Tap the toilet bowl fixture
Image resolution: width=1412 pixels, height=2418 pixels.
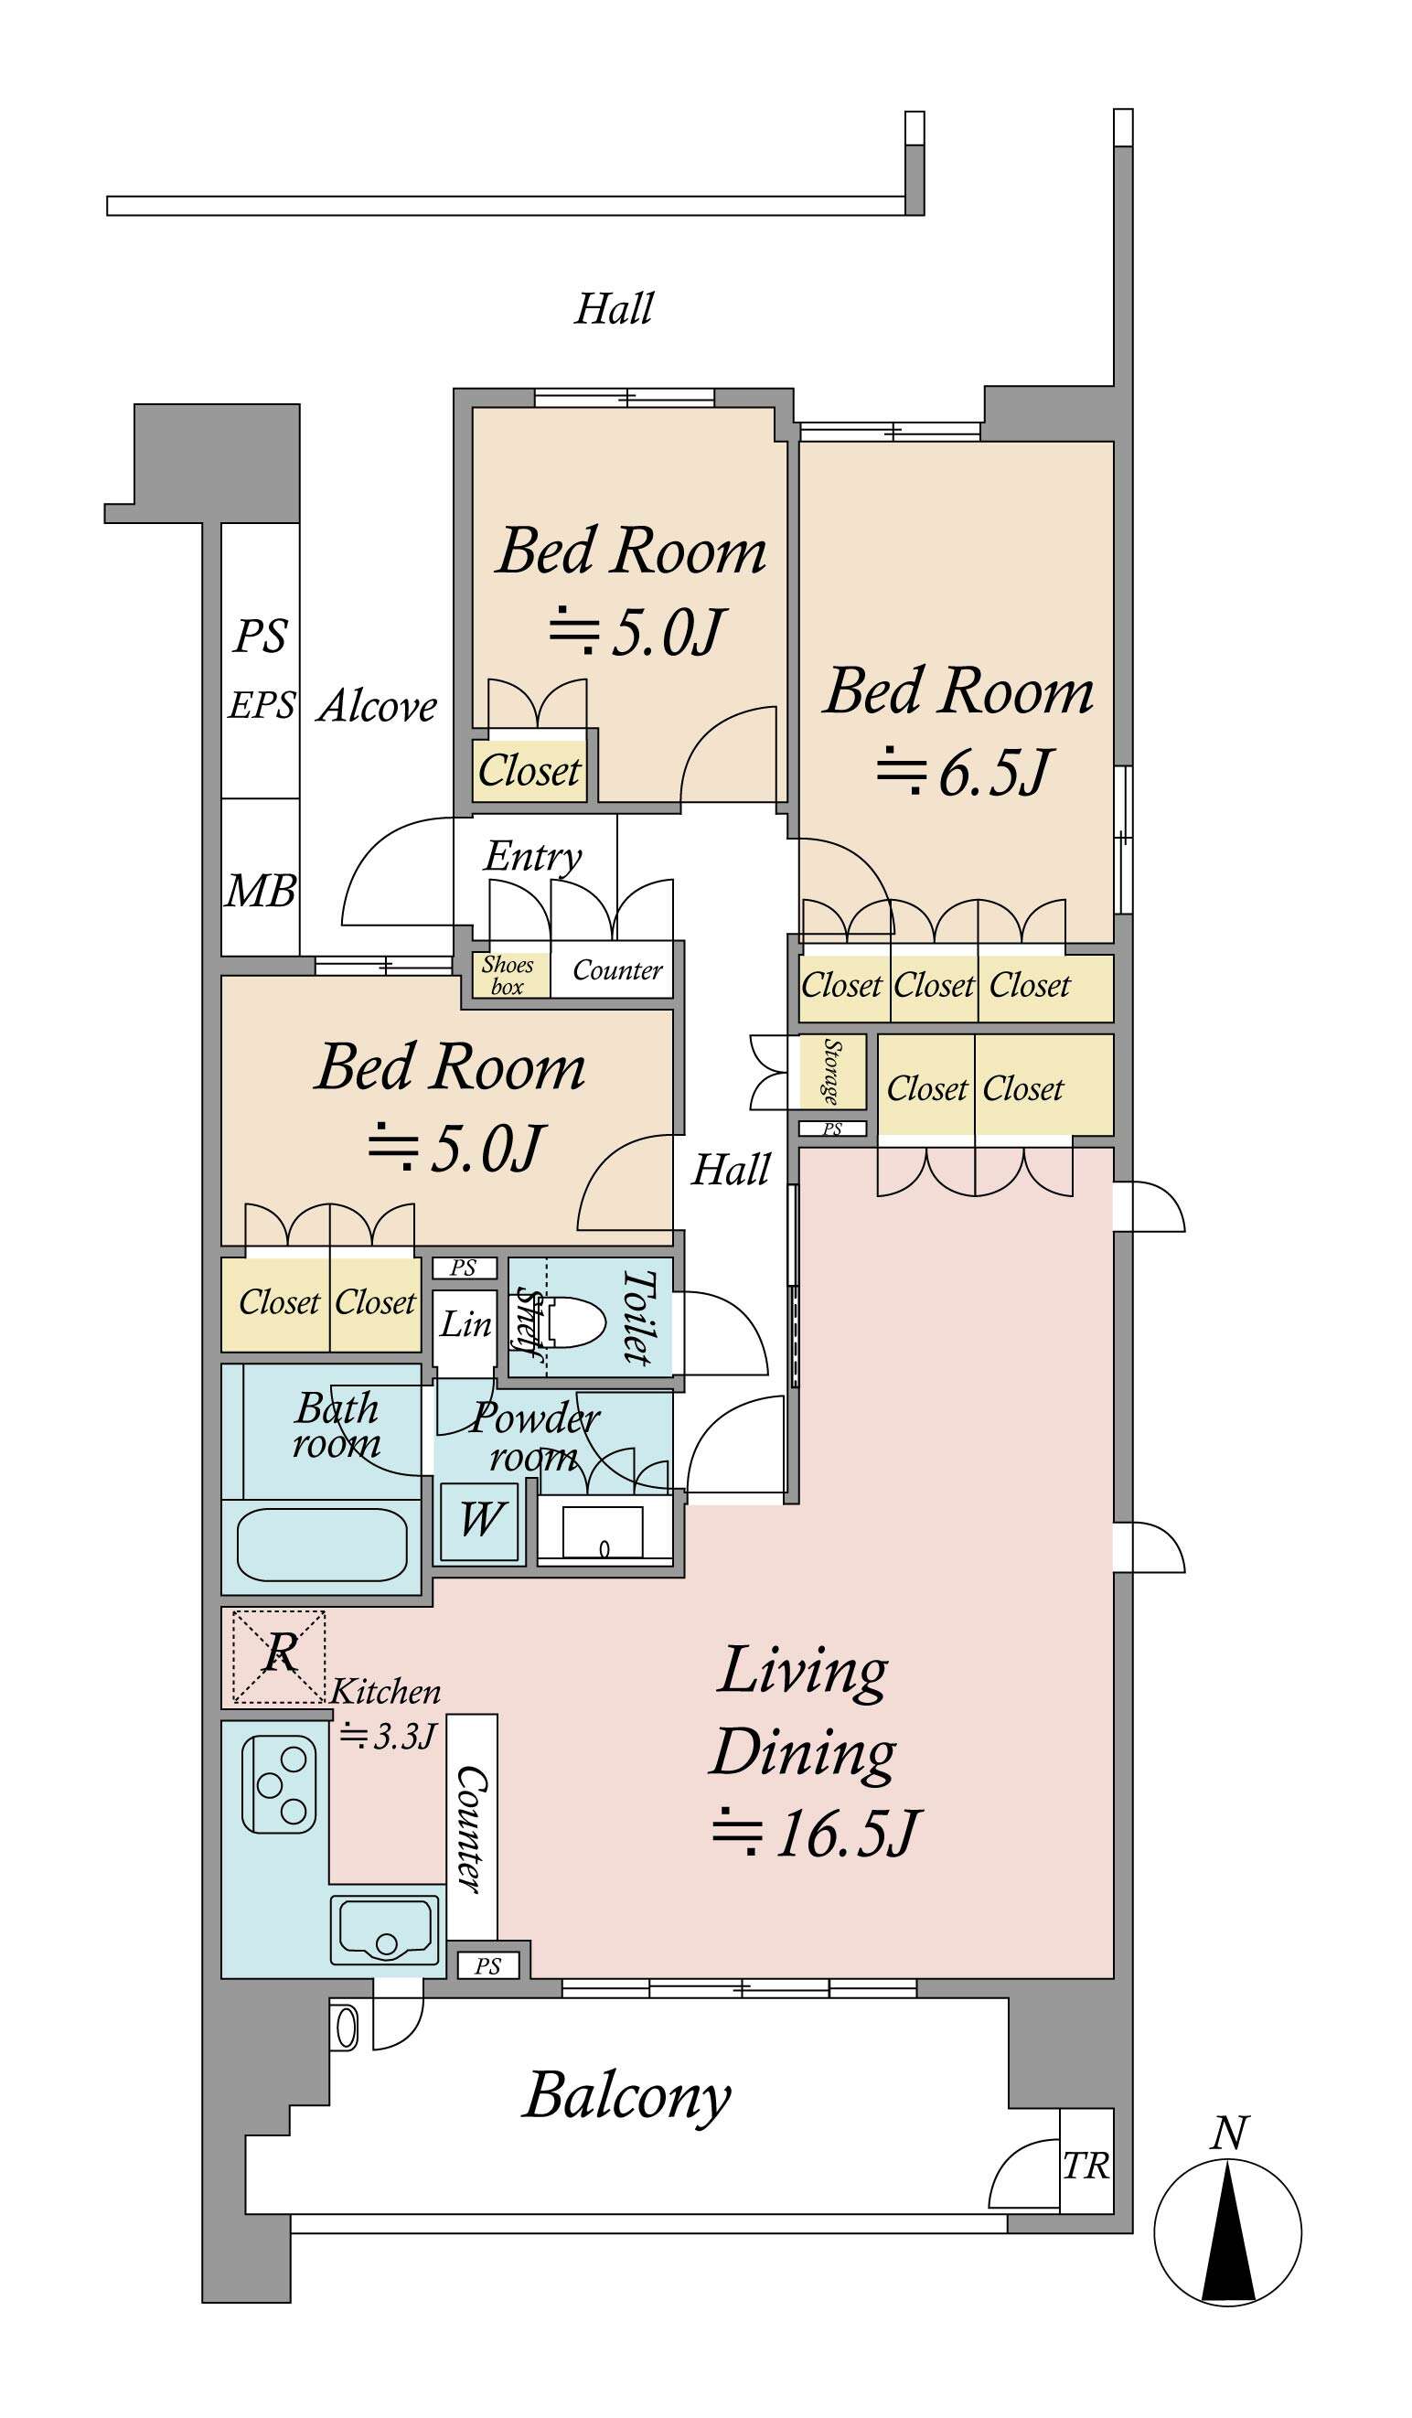coord(571,1325)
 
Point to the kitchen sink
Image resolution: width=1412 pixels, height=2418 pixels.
coord(387,1929)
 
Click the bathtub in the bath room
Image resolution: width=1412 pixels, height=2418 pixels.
coord(321,1544)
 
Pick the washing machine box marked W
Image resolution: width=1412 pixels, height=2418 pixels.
coord(478,1521)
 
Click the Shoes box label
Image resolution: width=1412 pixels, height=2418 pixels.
coord(508,975)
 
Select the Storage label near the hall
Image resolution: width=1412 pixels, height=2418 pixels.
coord(831,1071)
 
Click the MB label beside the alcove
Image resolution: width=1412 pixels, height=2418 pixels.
coord(260,892)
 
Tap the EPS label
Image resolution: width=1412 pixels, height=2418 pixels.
coord(261,705)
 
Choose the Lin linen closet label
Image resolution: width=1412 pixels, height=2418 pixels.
coord(465,1324)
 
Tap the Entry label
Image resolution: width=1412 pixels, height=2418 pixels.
coord(533,857)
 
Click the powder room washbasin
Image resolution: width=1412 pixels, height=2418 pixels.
coord(604,1532)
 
